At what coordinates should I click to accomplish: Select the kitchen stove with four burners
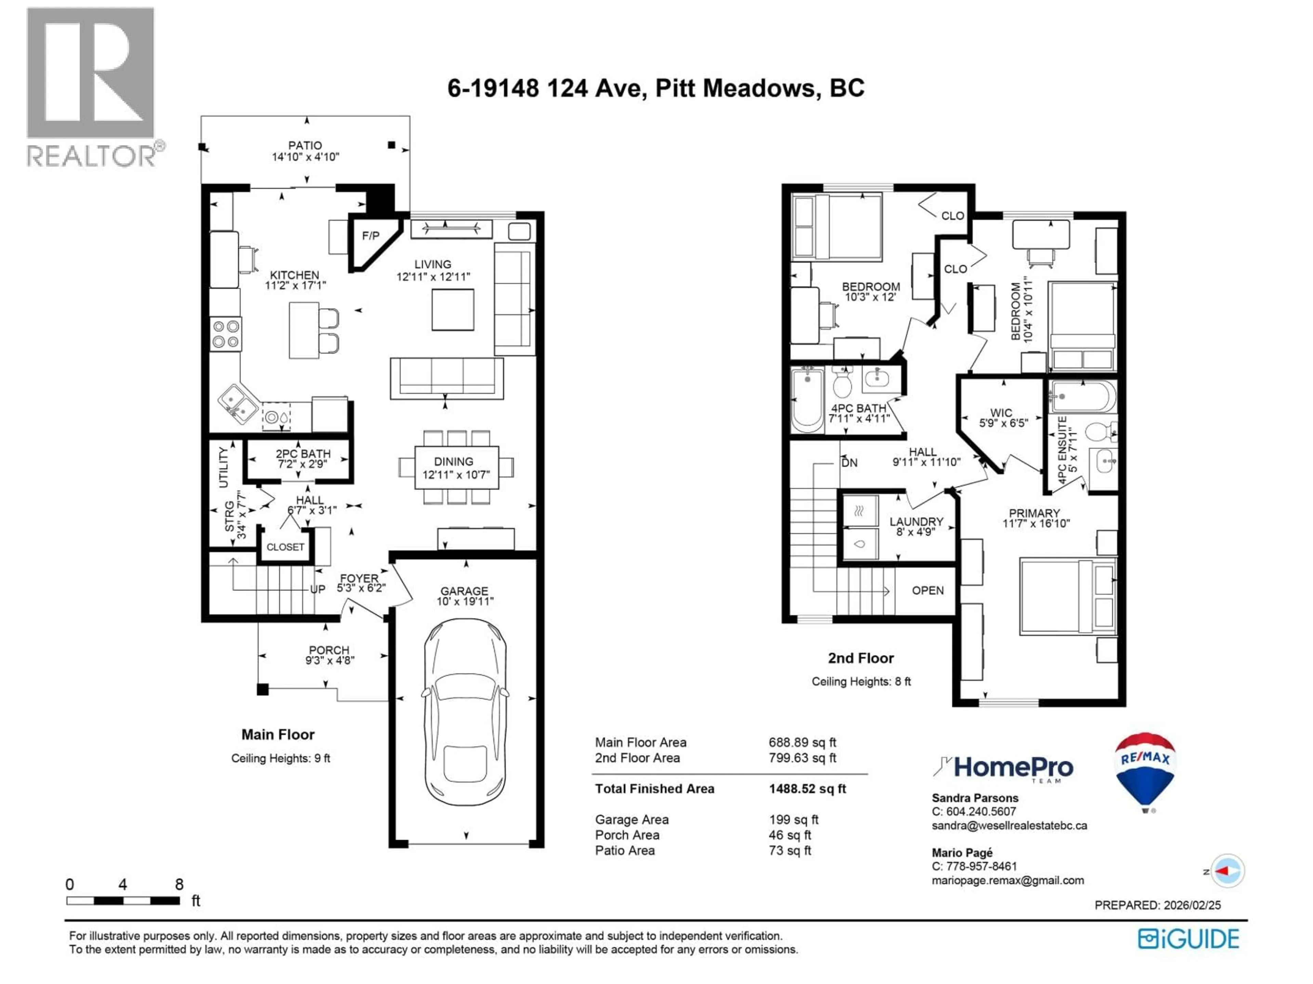(x=226, y=334)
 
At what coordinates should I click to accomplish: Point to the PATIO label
(x=305, y=145)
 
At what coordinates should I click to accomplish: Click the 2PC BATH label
(x=303, y=454)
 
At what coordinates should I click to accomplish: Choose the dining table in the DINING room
(x=456, y=467)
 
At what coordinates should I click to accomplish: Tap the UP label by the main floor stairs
(x=318, y=589)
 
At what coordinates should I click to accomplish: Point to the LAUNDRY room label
(x=916, y=521)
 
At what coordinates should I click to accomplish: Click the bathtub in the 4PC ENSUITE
(x=1082, y=396)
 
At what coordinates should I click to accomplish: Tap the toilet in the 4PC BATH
(x=842, y=383)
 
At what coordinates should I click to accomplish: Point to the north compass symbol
(x=1226, y=871)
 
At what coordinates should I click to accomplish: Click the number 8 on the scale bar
(x=179, y=884)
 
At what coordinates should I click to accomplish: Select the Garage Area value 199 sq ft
(x=793, y=820)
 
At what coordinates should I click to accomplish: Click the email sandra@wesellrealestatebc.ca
(x=1009, y=825)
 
